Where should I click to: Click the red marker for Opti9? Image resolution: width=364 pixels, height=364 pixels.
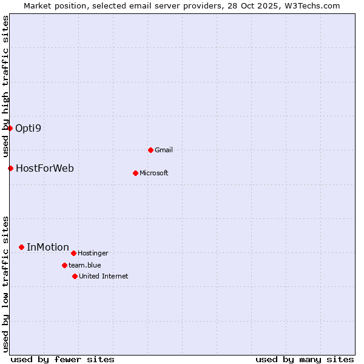[10, 128]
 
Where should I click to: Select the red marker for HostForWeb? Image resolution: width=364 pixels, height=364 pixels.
[10, 168]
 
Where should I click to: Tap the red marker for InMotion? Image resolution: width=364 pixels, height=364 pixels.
[21, 247]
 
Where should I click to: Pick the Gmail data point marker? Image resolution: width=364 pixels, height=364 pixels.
[150, 150]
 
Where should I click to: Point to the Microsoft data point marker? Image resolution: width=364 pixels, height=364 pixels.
[135, 173]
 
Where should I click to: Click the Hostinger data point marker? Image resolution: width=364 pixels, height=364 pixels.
[73, 253]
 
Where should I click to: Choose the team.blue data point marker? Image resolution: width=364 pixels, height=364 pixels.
[64, 265]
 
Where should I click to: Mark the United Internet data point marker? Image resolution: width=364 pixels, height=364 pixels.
[75, 276]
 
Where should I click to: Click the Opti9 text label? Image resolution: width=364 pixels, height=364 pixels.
[28, 128]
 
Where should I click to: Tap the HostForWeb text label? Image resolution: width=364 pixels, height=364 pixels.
[44, 168]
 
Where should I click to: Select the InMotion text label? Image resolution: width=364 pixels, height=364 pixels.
[47, 247]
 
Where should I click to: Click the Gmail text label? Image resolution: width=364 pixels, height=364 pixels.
[164, 150]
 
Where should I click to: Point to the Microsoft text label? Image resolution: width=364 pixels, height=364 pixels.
[153, 173]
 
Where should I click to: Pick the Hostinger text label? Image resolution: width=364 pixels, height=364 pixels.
[93, 253]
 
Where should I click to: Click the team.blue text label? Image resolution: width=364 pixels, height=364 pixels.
[84, 265]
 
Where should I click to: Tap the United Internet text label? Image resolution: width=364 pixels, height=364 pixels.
[103, 276]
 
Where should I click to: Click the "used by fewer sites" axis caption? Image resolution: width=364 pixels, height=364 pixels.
[62, 359]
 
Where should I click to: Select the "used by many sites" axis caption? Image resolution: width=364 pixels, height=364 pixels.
[305, 359]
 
